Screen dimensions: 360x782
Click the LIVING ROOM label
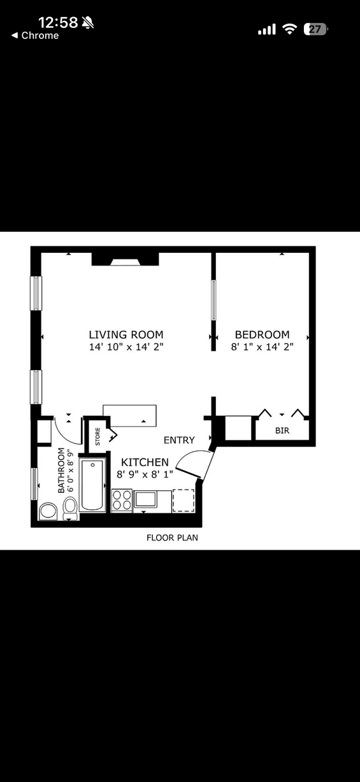click(126, 334)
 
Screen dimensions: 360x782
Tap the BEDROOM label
click(263, 334)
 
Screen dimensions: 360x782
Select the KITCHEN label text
click(145, 462)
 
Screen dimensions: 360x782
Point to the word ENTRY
click(179, 440)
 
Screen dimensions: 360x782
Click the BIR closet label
click(282, 430)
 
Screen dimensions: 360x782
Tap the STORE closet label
click(97, 436)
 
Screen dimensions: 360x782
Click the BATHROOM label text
click(61, 470)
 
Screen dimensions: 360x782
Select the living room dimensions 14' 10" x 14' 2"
click(126, 346)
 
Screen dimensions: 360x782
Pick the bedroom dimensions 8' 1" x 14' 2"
click(263, 346)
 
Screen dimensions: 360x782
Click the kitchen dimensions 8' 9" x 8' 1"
click(145, 475)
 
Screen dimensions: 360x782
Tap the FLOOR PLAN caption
click(172, 537)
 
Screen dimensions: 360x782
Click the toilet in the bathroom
click(71, 509)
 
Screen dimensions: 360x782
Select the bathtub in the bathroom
click(92, 485)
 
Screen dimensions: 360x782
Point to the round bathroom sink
click(48, 511)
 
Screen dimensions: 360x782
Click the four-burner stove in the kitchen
click(122, 501)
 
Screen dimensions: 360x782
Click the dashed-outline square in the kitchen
click(184, 501)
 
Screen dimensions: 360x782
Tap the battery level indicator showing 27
click(315, 29)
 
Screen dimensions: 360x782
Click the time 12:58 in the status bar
click(58, 23)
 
